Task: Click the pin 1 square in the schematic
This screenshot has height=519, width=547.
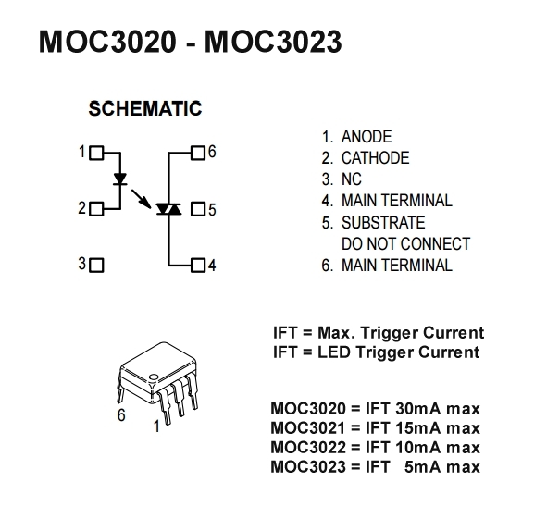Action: point(96,153)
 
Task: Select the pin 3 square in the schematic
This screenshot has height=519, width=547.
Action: point(96,266)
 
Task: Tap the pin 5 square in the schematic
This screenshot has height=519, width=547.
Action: point(198,209)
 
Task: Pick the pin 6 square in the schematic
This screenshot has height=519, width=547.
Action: point(198,153)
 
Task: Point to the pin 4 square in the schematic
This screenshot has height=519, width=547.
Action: point(198,266)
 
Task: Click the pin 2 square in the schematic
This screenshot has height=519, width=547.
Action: point(96,209)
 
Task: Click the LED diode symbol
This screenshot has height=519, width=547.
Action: point(120,179)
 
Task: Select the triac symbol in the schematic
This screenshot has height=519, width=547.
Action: point(168,209)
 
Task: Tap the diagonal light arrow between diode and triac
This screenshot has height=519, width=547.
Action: point(142,199)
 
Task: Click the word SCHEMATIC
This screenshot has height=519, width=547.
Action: point(145,108)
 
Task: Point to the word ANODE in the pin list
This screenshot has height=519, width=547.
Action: point(367,137)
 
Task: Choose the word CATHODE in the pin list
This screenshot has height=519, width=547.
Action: point(376,158)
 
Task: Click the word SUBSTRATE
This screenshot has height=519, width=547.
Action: point(383,223)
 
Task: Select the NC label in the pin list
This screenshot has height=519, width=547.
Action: point(352,179)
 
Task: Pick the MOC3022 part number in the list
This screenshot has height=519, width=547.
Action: point(308,448)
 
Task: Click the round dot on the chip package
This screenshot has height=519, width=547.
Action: point(154,377)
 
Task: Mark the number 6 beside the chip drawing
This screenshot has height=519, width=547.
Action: point(121,415)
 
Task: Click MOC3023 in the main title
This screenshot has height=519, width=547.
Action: point(273,42)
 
